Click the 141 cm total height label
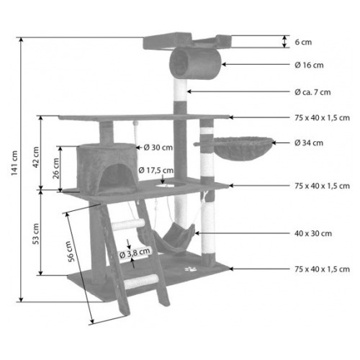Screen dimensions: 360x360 tap(14, 163)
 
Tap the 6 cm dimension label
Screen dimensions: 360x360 tap(303, 42)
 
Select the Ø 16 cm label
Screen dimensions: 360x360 tap(309, 65)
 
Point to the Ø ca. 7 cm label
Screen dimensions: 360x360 tap(312, 92)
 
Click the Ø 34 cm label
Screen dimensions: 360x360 tap(309, 143)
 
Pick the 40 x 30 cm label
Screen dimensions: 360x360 tap(313, 233)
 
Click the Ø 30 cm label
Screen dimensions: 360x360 tap(158, 148)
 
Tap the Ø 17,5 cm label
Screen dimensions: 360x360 tap(156, 170)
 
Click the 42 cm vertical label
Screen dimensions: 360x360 tap(36, 157)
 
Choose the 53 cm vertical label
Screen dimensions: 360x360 tap(36, 234)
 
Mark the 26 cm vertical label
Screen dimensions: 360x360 tap(55, 168)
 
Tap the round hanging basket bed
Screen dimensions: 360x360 tap(243, 148)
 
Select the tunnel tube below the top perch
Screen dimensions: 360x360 tap(195, 63)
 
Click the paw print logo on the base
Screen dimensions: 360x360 tap(191, 269)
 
